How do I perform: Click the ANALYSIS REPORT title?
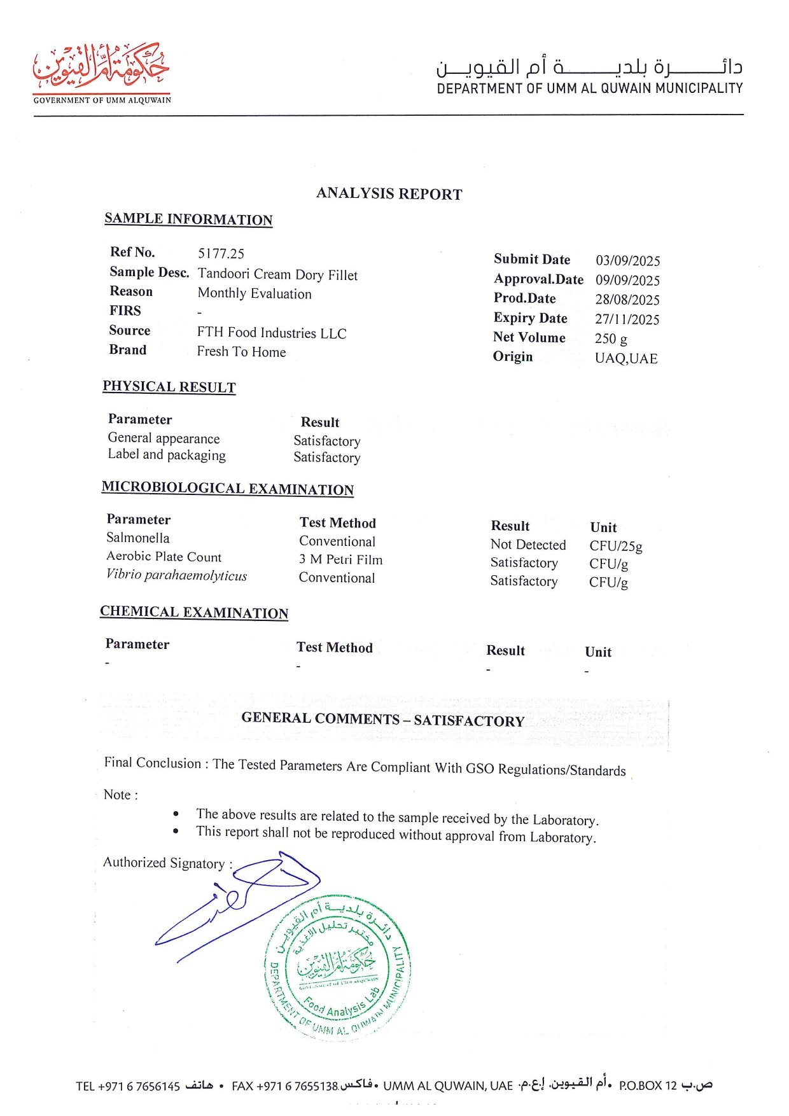(x=389, y=193)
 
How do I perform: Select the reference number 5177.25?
(x=221, y=253)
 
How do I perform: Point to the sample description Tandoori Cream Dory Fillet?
(x=277, y=274)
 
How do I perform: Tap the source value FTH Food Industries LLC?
(x=272, y=333)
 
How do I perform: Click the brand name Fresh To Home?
(x=241, y=352)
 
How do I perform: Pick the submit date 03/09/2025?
(x=627, y=260)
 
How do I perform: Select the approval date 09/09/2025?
(x=627, y=280)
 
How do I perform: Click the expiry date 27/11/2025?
(x=627, y=319)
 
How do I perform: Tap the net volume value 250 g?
(x=611, y=338)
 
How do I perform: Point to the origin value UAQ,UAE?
(x=626, y=358)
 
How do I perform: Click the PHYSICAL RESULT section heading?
(x=169, y=387)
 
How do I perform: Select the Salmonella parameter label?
(x=138, y=538)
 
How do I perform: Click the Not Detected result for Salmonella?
(x=528, y=545)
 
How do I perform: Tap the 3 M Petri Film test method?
(x=340, y=560)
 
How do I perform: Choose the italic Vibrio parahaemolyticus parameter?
(x=176, y=575)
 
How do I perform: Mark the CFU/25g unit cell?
(x=615, y=546)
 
